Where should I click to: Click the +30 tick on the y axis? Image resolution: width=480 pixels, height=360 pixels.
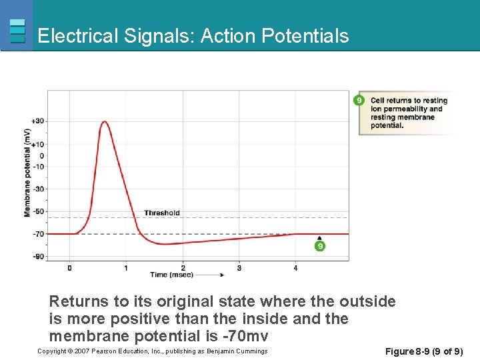coord(37,121)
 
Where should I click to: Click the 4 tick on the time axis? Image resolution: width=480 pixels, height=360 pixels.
coord(295,268)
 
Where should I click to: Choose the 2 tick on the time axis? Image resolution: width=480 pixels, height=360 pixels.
coord(183,268)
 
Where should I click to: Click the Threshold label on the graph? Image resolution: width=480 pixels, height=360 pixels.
coord(162,213)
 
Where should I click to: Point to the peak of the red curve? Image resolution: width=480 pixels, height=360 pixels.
coord(105,122)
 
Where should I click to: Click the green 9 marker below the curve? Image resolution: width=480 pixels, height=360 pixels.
coord(320,246)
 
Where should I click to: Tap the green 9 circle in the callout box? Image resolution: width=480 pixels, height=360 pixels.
coord(359,101)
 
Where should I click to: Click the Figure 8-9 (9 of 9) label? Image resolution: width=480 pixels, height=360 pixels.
coord(425,351)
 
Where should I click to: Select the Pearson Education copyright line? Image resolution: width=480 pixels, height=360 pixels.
coord(153,351)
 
